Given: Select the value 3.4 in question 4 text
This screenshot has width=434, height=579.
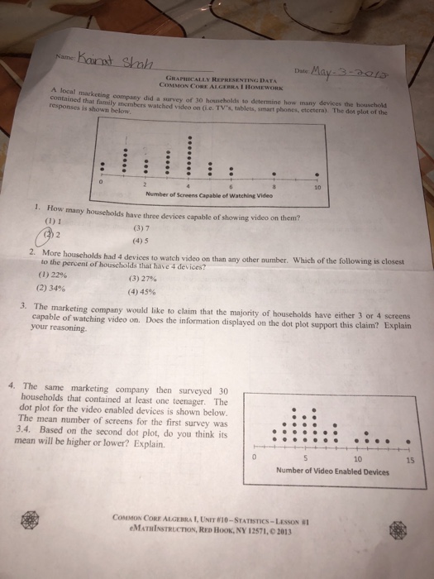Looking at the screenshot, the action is (23, 430).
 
